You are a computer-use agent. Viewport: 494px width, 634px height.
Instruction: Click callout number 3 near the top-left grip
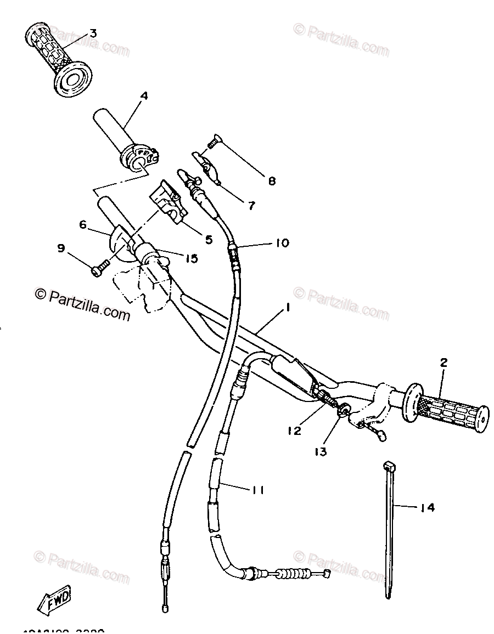pos(93,33)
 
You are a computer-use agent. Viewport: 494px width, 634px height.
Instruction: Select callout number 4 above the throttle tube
pos(144,95)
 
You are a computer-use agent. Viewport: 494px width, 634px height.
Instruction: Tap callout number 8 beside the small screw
pos(272,180)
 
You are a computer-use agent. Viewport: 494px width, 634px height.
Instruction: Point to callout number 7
pos(251,206)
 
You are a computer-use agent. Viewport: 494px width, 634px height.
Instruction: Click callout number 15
pos(191,258)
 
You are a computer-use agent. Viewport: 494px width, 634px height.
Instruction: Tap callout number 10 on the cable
pos(282,242)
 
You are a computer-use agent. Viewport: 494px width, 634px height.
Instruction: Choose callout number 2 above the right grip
pos(444,362)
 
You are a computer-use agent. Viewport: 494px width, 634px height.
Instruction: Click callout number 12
pos(294,431)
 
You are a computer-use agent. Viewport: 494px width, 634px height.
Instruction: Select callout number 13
pos(321,451)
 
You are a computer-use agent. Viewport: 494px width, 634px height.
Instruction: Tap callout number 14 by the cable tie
pos(428,508)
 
